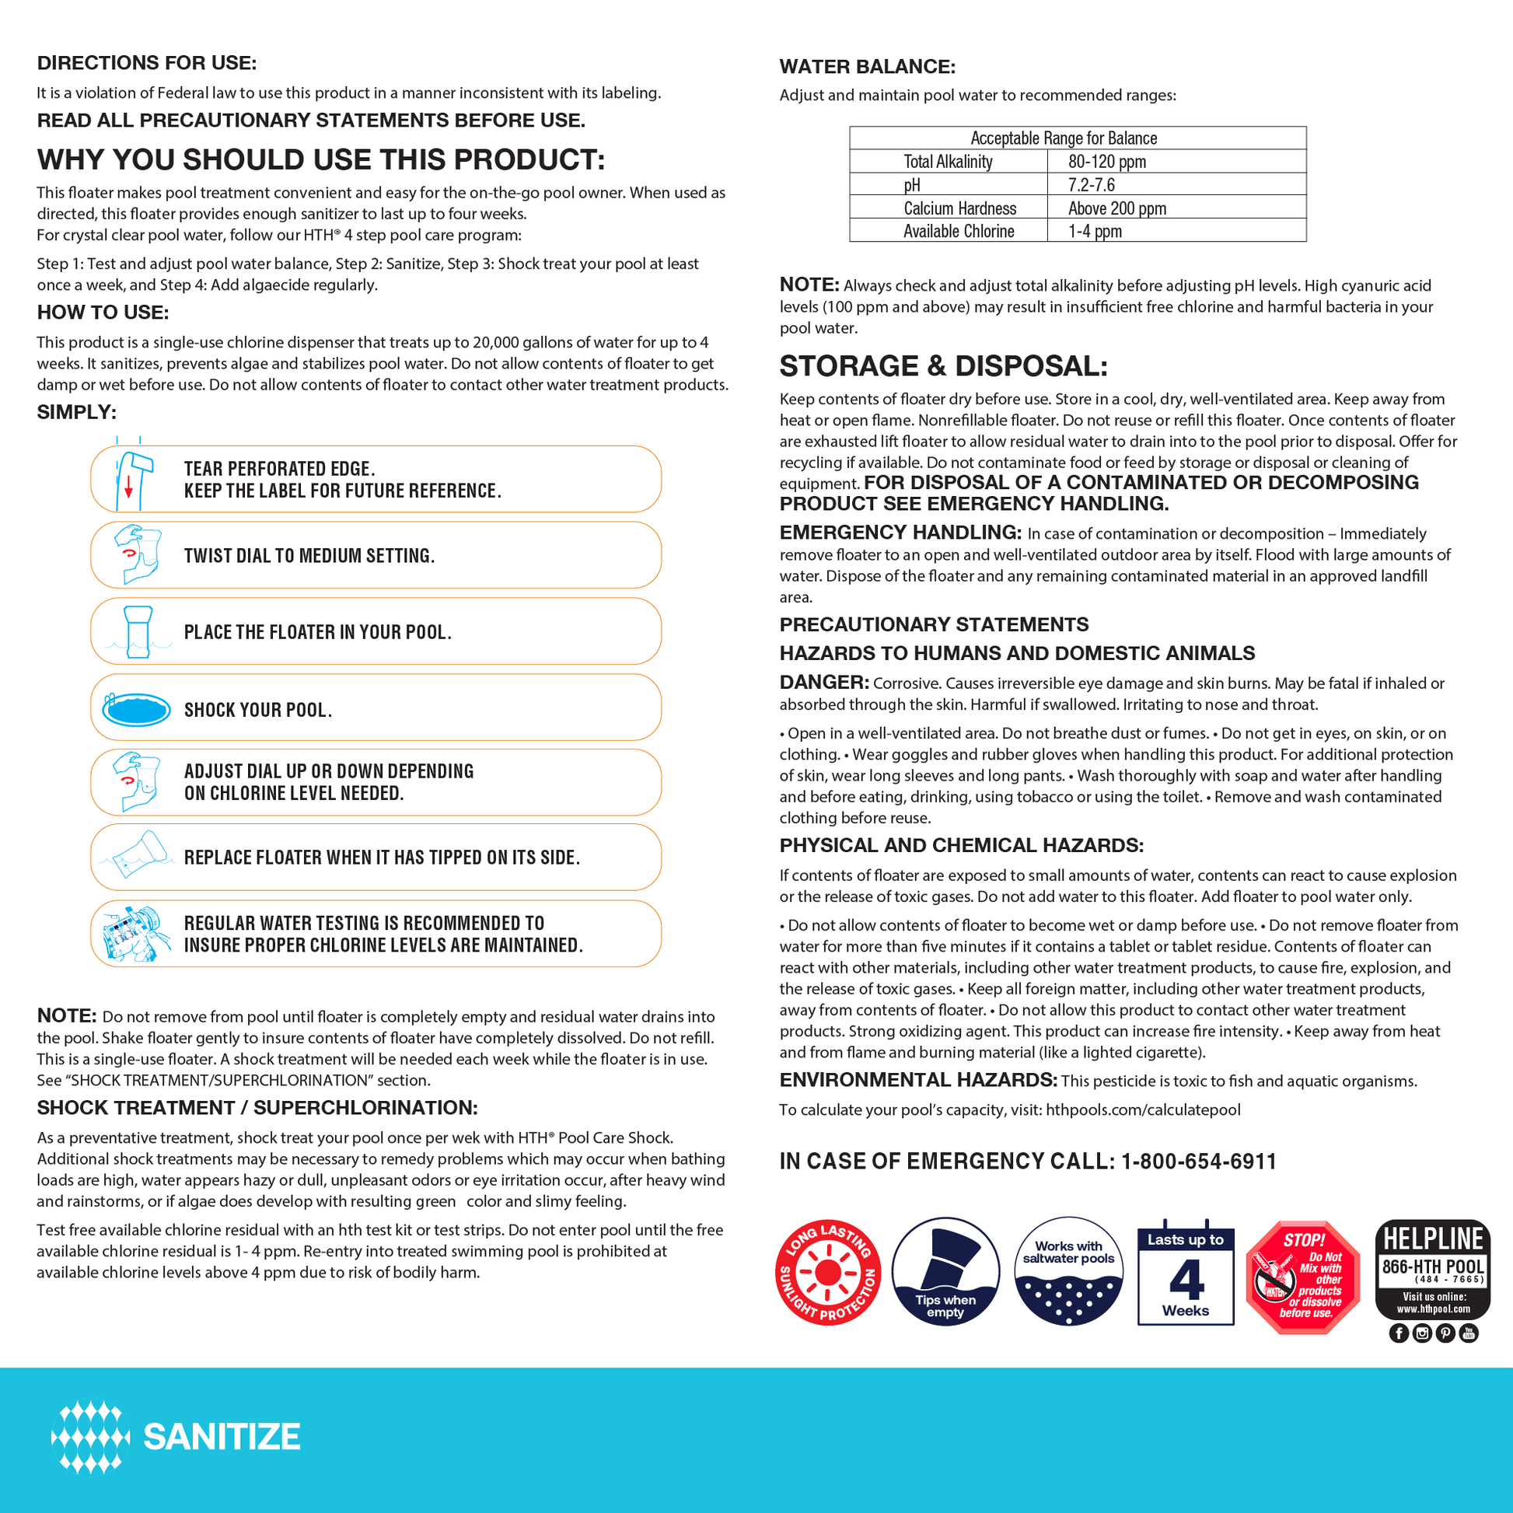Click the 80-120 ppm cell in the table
click(x=1106, y=162)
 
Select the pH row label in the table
click(x=912, y=185)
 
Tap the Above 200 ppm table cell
click(x=1116, y=208)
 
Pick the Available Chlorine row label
click(x=959, y=231)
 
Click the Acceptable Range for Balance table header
click(x=1064, y=138)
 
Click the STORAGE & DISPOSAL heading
click(x=943, y=365)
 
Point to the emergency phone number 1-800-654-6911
click(x=1198, y=1162)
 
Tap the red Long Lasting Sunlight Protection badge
click(x=828, y=1273)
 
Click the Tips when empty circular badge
click(x=945, y=1272)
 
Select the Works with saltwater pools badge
click(x=1068, y=1272)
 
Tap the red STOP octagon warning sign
click(x=1303, y=1277)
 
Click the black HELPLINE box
click(x=1432, y=1269)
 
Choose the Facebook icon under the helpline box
click(x=1399, y=1333)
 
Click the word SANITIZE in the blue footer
click(x=222, y=1436)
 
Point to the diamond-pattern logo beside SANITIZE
click(x=90, y=1437)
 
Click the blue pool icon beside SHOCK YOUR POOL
click(x=136, y=710)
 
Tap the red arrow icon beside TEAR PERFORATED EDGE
click(x=129, y=488)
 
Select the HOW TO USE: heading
click(x=103, y=313)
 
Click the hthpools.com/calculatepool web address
click(x=1143, y=1109)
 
